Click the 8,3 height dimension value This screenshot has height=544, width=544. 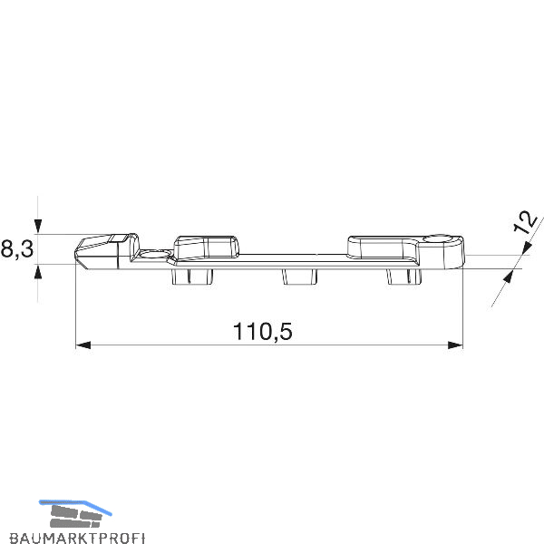click(x=17, y=249)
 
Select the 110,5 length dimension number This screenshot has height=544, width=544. click(x=263, y=331)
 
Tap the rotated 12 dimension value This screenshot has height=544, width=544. click(x=525, y=222)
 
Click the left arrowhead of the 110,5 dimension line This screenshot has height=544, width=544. click(x=83, y=345)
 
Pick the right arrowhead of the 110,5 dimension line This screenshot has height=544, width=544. click(x=455, y=345)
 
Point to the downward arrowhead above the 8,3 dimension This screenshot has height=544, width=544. click(x=38, y=226)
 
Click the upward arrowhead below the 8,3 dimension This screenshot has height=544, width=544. click(x=38, y=271)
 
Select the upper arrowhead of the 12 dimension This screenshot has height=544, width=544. click(x=527, y=248)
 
